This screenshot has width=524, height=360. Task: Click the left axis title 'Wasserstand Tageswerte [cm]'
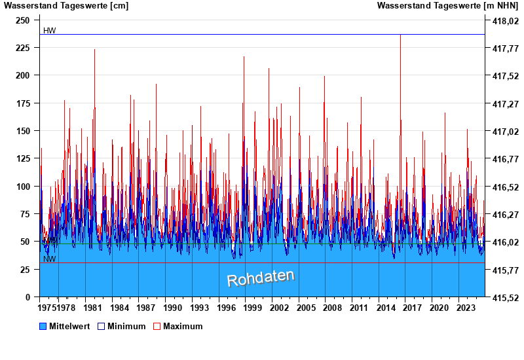(66, 6)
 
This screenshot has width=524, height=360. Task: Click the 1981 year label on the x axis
(93, 308)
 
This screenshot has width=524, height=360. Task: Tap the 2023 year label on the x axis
(466, 308)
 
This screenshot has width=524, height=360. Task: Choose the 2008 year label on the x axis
(333, 308)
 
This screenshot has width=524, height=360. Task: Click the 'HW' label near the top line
(50, 31)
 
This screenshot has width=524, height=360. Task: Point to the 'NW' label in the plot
(49, 259)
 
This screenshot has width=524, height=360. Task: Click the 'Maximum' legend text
(183, 326)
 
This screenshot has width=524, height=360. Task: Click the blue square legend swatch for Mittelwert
(44, 326)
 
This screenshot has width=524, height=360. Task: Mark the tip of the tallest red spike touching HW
(400, 35)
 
